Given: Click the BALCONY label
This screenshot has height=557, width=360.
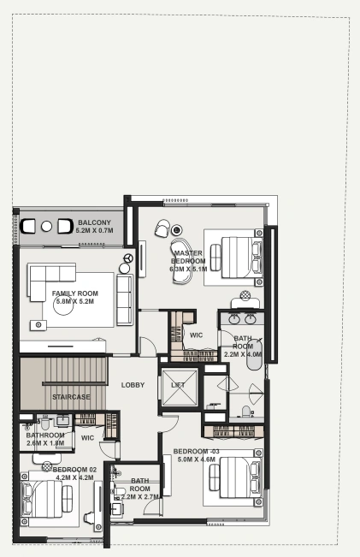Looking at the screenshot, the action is [94, 222].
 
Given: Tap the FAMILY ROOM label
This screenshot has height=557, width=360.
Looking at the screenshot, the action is [75, 293].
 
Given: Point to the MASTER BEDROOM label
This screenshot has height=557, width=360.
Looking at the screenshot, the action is [188, 258].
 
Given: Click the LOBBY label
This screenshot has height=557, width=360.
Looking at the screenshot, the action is [133, 385].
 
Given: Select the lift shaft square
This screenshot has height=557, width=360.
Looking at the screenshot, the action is [179, 388].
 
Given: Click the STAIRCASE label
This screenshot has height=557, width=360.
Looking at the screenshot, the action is [71, 397].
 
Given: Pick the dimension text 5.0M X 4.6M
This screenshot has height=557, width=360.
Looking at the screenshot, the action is [197, 459].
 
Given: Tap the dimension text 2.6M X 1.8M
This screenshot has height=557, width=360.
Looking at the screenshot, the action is [45, 443].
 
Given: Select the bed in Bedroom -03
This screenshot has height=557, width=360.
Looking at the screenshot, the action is [236, 477].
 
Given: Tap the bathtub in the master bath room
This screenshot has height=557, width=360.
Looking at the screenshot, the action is [254, 354].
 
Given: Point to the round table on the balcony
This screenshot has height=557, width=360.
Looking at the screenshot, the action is [46, 226].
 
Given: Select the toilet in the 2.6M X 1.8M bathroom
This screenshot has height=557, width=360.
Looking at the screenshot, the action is [45, 423].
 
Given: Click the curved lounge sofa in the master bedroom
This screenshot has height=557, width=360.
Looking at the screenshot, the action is [180, 260].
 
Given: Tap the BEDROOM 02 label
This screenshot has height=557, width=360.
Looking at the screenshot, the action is [74, 470].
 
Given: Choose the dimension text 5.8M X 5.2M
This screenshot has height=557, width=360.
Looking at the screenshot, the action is [75, 301].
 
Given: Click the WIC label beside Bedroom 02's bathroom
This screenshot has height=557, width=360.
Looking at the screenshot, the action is [88, 438].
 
